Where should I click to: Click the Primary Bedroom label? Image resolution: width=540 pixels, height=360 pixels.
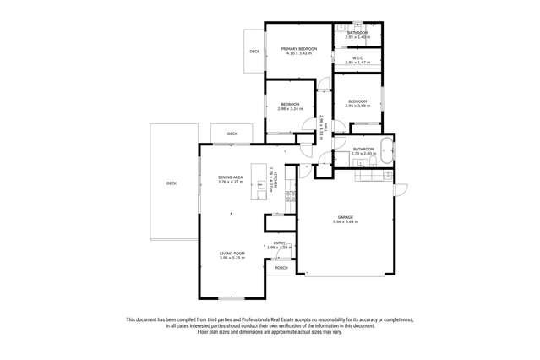pyautogui.click(x=298, y=49)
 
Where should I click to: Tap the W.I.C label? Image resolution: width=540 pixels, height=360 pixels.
pyautogui.click(x=357, y=58)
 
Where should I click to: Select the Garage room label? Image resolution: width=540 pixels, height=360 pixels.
pyautogui.click(x=346, y=217)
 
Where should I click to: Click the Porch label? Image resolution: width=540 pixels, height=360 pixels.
pyautogui.click(x=281, y=268)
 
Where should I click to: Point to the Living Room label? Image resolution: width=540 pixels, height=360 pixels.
pyautogui.click(x=232, y=253)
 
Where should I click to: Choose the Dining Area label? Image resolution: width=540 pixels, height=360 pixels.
pyautogui.click(x=231, y=177)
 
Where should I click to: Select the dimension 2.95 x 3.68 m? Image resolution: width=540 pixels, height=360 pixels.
pyautogui.click(x=357, y=106)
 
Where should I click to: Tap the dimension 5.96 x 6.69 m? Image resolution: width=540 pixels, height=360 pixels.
pyautogui.click(x=346, y=222)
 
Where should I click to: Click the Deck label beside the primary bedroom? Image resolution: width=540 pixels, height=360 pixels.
pyautogui.click(x=254, y=52)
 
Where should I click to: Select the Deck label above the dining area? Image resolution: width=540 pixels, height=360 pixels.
pyautogui.click(x=232, y=134)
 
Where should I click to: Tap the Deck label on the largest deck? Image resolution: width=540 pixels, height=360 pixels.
pyautogui.click(x=172, y=183)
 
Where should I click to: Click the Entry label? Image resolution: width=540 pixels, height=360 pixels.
pyautogui.click(x=279, y=243)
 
